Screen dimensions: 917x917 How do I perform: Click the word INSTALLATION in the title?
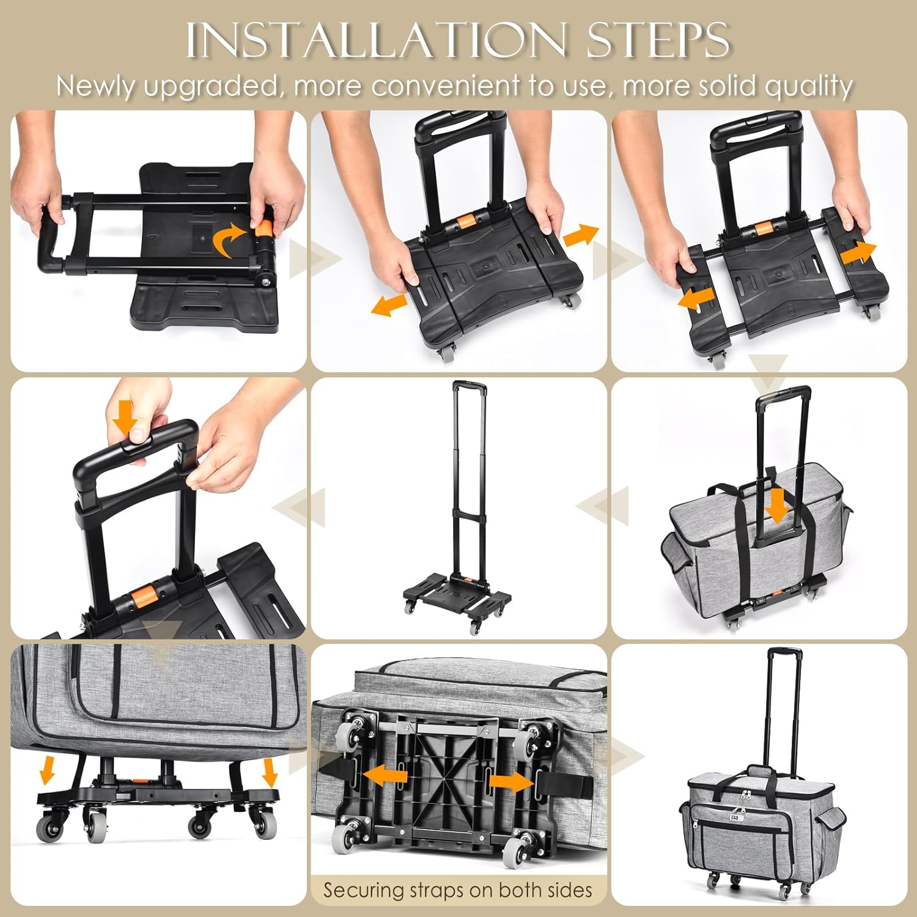375,41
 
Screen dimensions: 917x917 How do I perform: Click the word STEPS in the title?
657,41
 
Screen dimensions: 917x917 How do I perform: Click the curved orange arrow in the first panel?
229,240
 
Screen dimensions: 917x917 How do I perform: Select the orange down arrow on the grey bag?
776,505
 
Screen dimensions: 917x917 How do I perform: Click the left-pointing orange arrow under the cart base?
385,775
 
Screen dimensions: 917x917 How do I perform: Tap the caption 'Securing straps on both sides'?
458,889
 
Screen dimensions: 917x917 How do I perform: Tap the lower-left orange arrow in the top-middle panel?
389,304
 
